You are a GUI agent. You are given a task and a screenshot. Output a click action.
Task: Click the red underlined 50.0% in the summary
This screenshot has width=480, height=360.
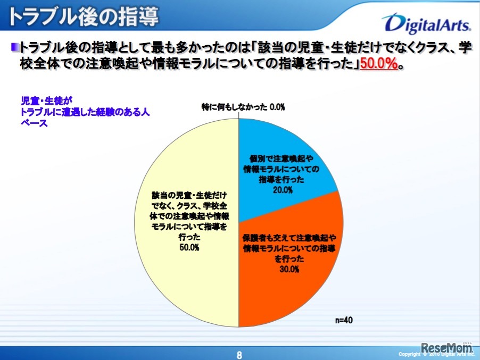pyautogui.click(x=379, y=64)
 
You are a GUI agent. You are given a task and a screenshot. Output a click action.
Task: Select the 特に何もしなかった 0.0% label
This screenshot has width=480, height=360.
pyautogui.click(x=243, y=107)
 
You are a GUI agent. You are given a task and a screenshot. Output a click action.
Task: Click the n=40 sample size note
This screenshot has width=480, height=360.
pyautogui.click(x=344, y=321)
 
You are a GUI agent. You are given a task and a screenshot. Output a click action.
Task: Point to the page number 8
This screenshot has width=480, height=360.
pyautogui.click(x=239, y=355)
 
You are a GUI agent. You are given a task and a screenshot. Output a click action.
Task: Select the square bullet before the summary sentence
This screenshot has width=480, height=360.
pyautogui.click(x=14, y=47)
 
